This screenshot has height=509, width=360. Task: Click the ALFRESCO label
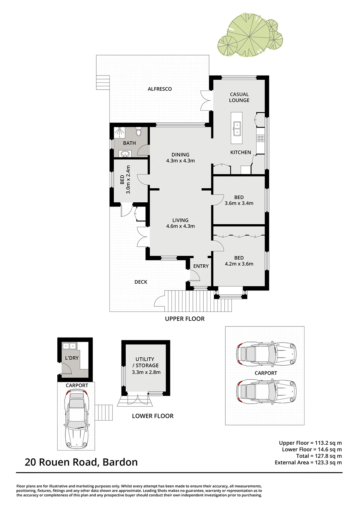pos(160,89)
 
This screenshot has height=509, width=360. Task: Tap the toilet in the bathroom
pos(139,132)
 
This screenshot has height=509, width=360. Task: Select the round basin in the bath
pos(125,154)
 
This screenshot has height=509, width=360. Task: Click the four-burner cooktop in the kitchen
pos(261,138)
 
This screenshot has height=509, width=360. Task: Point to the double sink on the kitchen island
pos(237,129)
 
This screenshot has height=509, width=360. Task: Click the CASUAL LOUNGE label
pos(239,97)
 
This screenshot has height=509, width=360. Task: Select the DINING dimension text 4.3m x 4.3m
pos(180,161)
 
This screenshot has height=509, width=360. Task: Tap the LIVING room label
pos(180,220)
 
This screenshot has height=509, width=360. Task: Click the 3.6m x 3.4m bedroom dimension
pos(239,203)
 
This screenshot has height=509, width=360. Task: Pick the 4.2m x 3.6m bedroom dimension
pos(239,264)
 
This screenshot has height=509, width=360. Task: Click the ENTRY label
pos(201,266)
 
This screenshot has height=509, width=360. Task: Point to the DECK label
pos(141,282)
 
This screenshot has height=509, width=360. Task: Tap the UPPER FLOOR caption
pos(185,319)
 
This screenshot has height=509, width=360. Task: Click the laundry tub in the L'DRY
pos(69,346)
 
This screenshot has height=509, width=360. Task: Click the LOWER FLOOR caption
pos(153,416)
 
